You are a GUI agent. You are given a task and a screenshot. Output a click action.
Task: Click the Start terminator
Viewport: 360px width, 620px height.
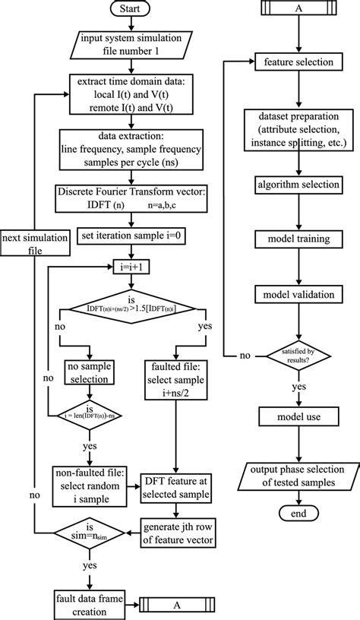tap(132, 9)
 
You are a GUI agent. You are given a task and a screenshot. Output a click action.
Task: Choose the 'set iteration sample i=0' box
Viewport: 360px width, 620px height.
tap(132, 237)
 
